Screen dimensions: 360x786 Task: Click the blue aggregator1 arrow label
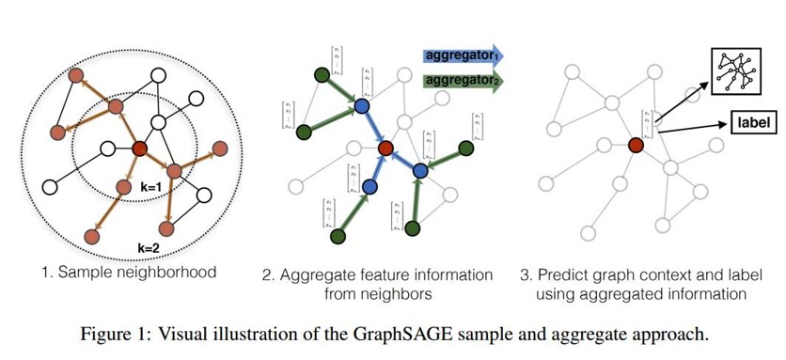pos(463,55)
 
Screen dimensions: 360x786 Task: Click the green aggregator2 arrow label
pos(463,82)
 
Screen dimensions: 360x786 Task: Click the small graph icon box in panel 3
pos(736,67)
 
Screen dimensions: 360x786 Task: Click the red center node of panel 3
pos(636,146)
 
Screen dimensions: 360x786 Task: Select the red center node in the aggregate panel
pos(385,149)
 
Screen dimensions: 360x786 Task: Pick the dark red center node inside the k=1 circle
pos(140,148)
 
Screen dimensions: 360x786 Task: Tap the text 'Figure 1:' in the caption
pos(183,333)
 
